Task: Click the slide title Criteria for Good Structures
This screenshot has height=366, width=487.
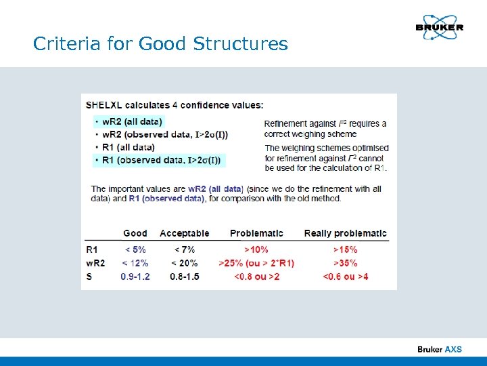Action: point(160,45)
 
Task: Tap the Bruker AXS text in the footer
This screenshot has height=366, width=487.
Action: point(439,349)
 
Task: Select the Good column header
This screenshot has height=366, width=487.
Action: point(135,233)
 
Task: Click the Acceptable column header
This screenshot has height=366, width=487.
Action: point(185,233)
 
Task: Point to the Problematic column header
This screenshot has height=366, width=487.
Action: point(256,233)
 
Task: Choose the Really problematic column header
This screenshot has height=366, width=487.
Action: point(345,233)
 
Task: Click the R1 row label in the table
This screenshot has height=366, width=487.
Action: point(91,249)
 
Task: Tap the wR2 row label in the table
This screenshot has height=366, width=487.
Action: point(95,263)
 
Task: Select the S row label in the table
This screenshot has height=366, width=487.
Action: point(89,277)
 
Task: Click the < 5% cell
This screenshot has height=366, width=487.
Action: point(135,249)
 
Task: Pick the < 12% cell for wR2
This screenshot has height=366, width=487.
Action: point(135,263)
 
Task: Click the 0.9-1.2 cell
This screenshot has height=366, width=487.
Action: point(135,277)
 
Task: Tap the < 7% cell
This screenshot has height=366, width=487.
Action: point(184,249)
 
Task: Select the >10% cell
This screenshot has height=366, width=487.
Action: point(256,249)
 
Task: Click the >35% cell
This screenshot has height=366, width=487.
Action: point(345,263)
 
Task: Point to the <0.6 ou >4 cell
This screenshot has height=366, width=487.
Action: point(345,277)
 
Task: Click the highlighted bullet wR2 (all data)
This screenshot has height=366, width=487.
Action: point(129,121)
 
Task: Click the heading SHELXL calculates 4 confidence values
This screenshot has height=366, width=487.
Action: point(175,105)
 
